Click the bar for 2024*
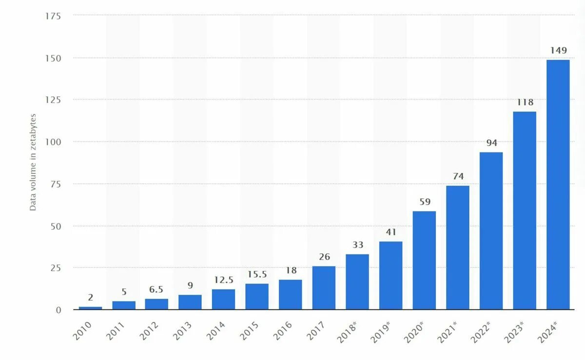[x=558, y=185]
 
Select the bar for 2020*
[x=424, y=261]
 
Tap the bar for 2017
[x=324, y=288]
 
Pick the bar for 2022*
[x=491, y=231]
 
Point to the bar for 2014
[x=223, y=300]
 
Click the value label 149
[x=558, y=50]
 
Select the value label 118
[x=525, y=102]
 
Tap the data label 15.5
[x=257, y=274]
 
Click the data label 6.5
[x=156, y=289]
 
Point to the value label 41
[x=391, y=232]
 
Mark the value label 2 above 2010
[x=90, y=297]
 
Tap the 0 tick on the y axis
[x=58, y=310]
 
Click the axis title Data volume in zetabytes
[x=33, y=162]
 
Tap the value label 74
[x=458, y=176]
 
